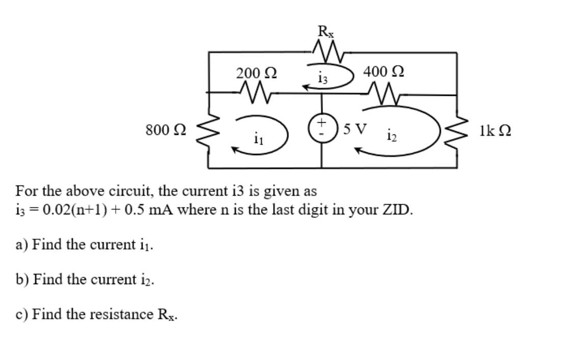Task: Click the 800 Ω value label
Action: (166, 130)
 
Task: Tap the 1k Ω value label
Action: (495, 130)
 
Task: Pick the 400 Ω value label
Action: (384, 72)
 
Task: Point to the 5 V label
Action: (355, 128)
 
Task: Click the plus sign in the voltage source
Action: (321, 123)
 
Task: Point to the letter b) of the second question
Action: (22, 280)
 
